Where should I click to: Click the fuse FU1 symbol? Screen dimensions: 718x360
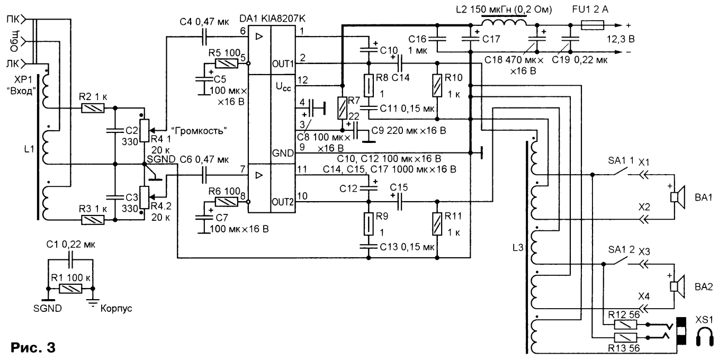[x=593, y=25]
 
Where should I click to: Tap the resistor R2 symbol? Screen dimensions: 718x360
[x=93, y=109]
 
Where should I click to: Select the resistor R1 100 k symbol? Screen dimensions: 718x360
[x=70, y=289]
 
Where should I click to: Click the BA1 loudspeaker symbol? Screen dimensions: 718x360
[x=678, y=197]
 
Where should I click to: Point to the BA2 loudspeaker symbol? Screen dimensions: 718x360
[x=678, y=286]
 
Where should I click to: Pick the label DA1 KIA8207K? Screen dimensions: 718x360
[x=273, y=19]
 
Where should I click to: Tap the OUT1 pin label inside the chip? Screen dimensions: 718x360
[x=283, y=64]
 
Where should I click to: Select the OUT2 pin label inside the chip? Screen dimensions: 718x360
[x=283, y=202]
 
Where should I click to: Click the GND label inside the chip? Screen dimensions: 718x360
[x=283, y=153]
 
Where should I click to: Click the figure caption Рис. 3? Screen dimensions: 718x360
[x=33, y=347]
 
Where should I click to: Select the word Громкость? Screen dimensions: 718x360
[x=199, y=131]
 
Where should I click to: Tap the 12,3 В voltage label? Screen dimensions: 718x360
[x=621, y=39]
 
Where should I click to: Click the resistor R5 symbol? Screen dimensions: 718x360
[x=226, y=64]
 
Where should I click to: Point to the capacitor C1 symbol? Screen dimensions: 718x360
[x=70, y=259]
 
